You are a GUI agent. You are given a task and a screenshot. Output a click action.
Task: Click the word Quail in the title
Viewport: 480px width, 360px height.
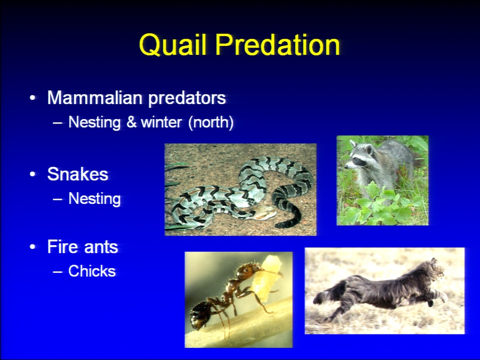pos(174,45)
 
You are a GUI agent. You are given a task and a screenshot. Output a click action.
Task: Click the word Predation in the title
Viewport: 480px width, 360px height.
pos(278,45)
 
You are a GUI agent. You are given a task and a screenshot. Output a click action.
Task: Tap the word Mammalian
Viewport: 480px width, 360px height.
pos(95,97)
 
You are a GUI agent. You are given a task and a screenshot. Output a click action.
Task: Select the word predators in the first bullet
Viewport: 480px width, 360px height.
pos(187,98)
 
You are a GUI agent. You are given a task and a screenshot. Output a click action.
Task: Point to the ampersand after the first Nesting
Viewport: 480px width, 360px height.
pos(131,122)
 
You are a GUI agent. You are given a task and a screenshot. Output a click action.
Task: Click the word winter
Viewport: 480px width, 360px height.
pos(161,122)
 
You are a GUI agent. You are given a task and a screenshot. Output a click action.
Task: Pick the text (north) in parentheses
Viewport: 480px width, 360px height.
pos(211,122)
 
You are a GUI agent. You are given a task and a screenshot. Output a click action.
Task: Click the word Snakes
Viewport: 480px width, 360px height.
pos(78,174)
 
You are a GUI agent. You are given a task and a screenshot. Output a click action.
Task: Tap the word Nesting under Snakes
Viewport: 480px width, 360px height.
pos(94,199)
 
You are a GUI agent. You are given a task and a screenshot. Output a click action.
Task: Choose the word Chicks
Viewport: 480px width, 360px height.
pos(92,271)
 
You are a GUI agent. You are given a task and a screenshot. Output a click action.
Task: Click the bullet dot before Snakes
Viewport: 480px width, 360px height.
pos(32,174)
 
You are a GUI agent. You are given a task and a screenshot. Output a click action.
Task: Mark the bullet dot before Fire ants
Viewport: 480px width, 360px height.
pos(32,246)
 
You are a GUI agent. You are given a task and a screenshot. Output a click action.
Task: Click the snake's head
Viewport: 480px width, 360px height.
pos(264,213)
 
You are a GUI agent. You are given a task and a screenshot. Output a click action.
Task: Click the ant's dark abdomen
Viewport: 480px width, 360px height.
pos(201,315)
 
